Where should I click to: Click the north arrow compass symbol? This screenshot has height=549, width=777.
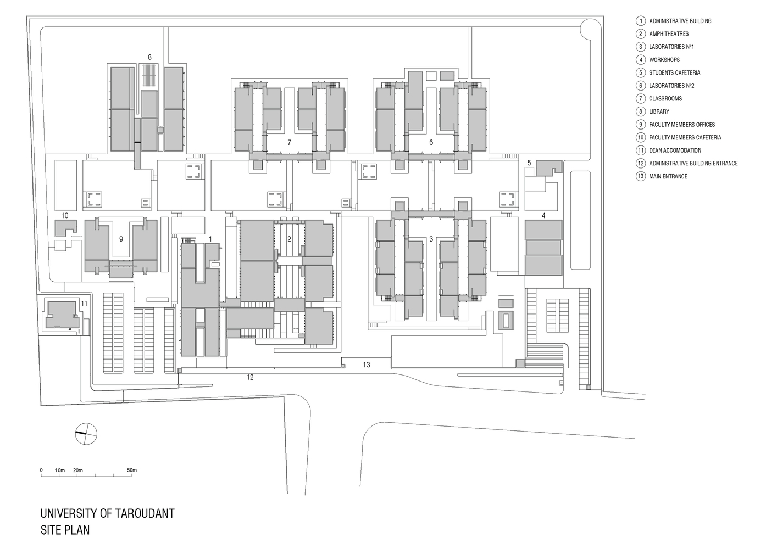[x=86, y=434]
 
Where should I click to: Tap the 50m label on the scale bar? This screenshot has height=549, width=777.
[x=132, y=470]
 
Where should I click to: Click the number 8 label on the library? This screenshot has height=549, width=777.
[x=149, y=57]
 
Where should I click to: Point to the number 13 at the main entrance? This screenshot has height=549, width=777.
[x=367, y=365]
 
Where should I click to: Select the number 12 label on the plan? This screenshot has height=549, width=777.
[x=250, y=377]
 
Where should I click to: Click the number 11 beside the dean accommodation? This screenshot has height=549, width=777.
[x=84, y=304]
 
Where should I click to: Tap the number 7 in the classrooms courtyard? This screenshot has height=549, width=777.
[x=289, y=142]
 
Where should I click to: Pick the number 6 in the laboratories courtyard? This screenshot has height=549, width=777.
[x=431, y=142]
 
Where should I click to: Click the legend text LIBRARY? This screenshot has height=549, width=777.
[x=659, y=111]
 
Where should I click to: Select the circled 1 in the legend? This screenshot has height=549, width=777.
[x=641, y=21]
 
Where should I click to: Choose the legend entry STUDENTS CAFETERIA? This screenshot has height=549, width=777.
[x=675, y=73]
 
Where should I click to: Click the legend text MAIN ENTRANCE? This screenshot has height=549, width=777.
[x=668, y=176]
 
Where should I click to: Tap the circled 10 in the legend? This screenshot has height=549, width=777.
[x=641, y=137]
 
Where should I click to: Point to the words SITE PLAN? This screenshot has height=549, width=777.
[x=65, y=530]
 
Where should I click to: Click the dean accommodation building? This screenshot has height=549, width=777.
[x=62, y=315]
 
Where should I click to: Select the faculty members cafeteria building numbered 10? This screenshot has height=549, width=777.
[x=65, y=228]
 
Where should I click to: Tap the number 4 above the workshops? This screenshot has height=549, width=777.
[x=543, y=216]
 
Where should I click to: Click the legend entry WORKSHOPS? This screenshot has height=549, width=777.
[x=664, y=60]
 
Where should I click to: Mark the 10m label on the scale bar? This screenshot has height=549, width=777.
[x=60, y=470]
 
